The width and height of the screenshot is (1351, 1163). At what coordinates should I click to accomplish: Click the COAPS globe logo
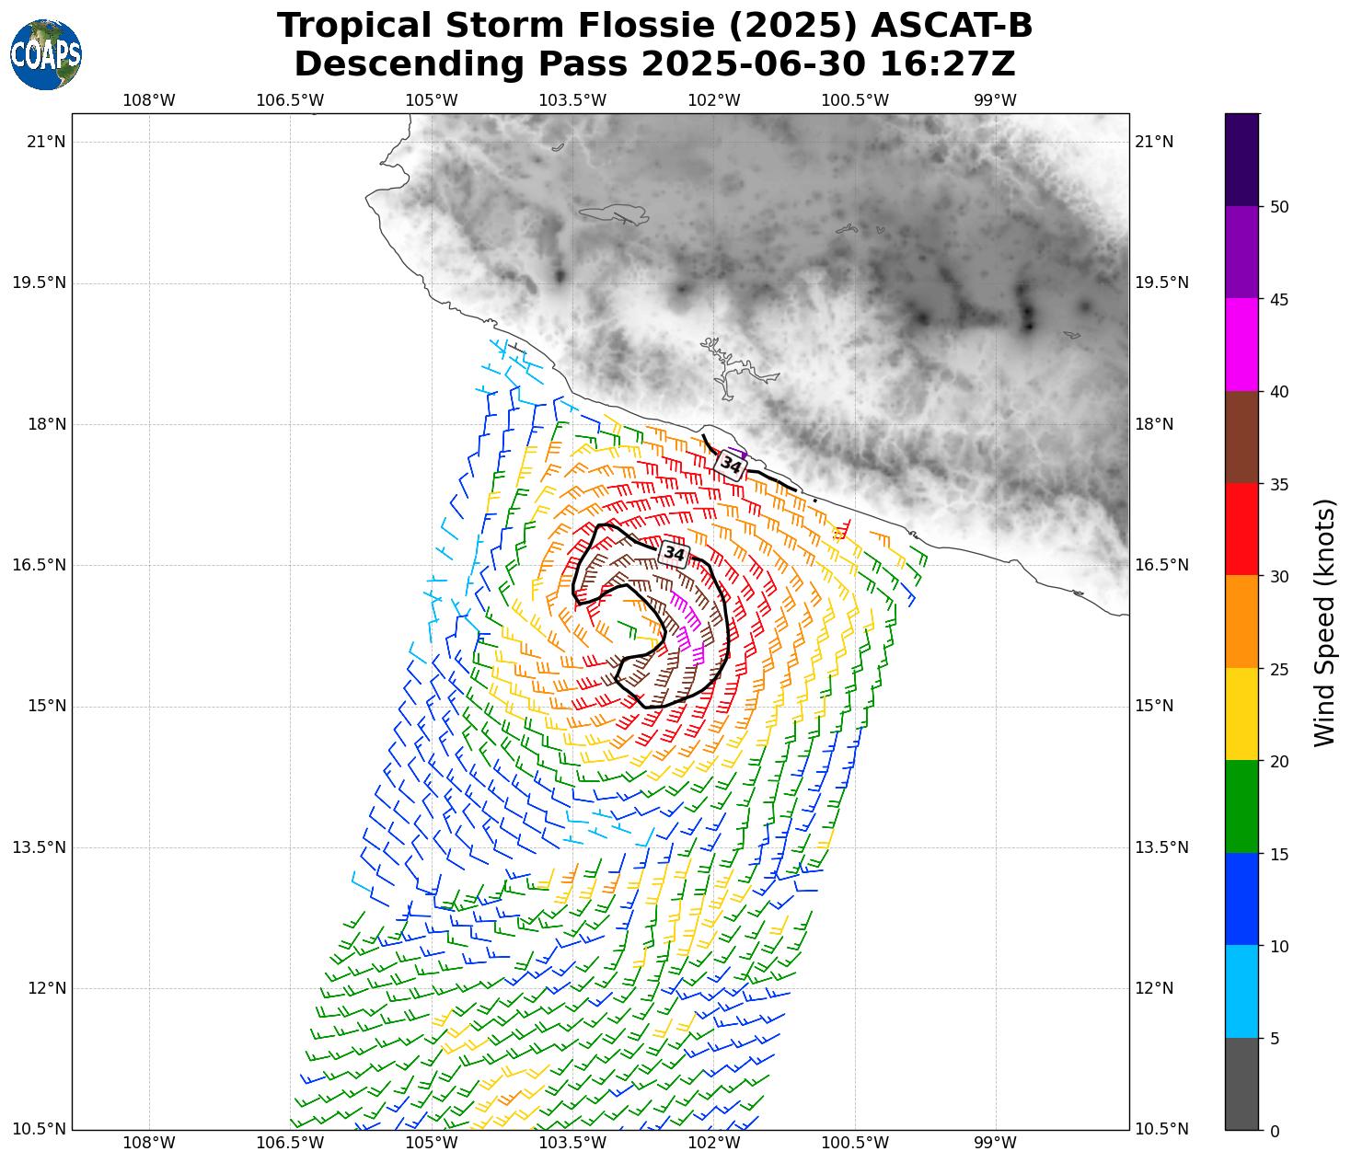pos(46,54)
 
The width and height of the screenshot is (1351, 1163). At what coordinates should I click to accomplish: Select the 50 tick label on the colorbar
pos(1278,207)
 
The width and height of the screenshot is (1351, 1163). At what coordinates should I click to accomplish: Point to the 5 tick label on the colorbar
pos(1275,1039)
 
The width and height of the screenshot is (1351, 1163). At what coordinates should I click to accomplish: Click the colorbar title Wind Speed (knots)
pos(1323,622)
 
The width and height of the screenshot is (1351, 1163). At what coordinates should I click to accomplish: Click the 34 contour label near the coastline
pos(731,465)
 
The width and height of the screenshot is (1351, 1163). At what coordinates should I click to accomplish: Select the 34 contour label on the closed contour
pos(674,553)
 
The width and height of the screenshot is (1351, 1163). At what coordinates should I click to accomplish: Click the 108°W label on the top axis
pos(149,100)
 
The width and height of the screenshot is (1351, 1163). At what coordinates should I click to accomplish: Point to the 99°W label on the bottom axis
pos(995,1144)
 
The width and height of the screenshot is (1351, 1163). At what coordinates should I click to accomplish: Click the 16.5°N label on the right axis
pos(1161,565)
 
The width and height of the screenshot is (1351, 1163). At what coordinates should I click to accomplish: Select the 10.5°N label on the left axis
pos(40,1129)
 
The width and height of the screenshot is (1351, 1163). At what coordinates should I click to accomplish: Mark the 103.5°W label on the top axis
pos(572,100)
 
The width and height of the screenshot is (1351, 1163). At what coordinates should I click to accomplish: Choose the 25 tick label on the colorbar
pos(1278,669)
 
